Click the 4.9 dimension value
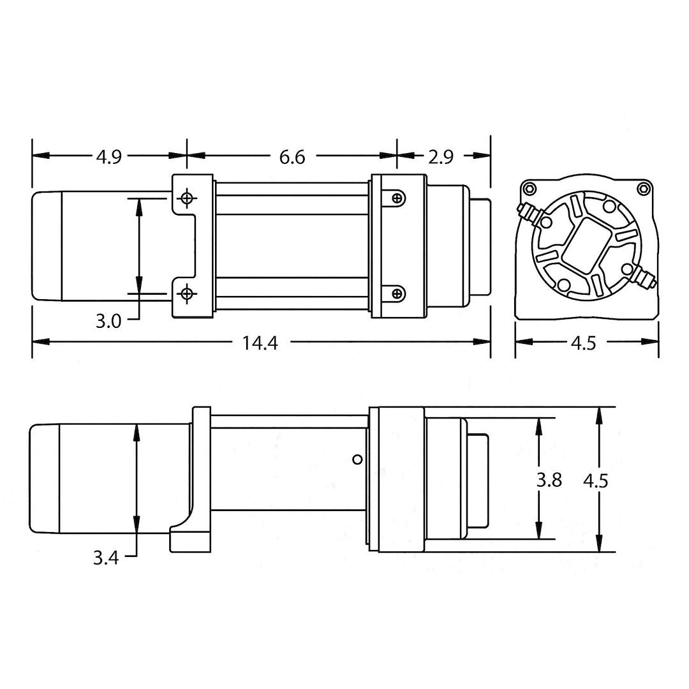108,156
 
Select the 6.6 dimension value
292,156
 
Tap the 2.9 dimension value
440,156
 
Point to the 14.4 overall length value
260,343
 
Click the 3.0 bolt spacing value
108,320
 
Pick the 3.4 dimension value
106,558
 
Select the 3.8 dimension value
549,480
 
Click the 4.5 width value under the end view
583,343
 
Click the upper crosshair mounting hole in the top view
186,198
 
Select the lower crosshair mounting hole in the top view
186,293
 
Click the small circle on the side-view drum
357,459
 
